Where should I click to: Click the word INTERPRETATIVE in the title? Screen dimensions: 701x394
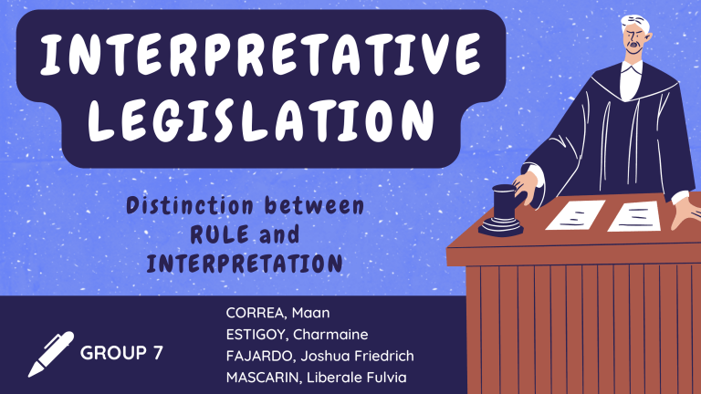261,54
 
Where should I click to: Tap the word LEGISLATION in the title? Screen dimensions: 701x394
261,119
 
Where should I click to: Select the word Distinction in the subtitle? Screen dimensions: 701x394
190,206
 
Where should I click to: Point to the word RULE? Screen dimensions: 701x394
219,234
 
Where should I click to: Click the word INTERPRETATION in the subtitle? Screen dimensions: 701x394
245,264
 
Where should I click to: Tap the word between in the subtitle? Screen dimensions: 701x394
314,206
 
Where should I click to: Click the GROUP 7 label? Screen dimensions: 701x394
121,353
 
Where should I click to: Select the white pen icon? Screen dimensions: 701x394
50,354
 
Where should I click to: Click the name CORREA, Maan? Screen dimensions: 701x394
277,313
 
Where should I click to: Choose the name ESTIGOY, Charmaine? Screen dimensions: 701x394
297,334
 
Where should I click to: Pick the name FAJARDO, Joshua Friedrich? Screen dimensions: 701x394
319,356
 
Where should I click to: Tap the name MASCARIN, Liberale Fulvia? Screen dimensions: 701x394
316,378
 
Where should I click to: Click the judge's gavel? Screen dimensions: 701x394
503,211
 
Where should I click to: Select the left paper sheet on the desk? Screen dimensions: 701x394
576,215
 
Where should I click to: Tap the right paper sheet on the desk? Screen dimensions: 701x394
635,216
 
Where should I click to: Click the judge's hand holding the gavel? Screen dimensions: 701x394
526,188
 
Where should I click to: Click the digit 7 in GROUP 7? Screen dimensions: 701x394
158,353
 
